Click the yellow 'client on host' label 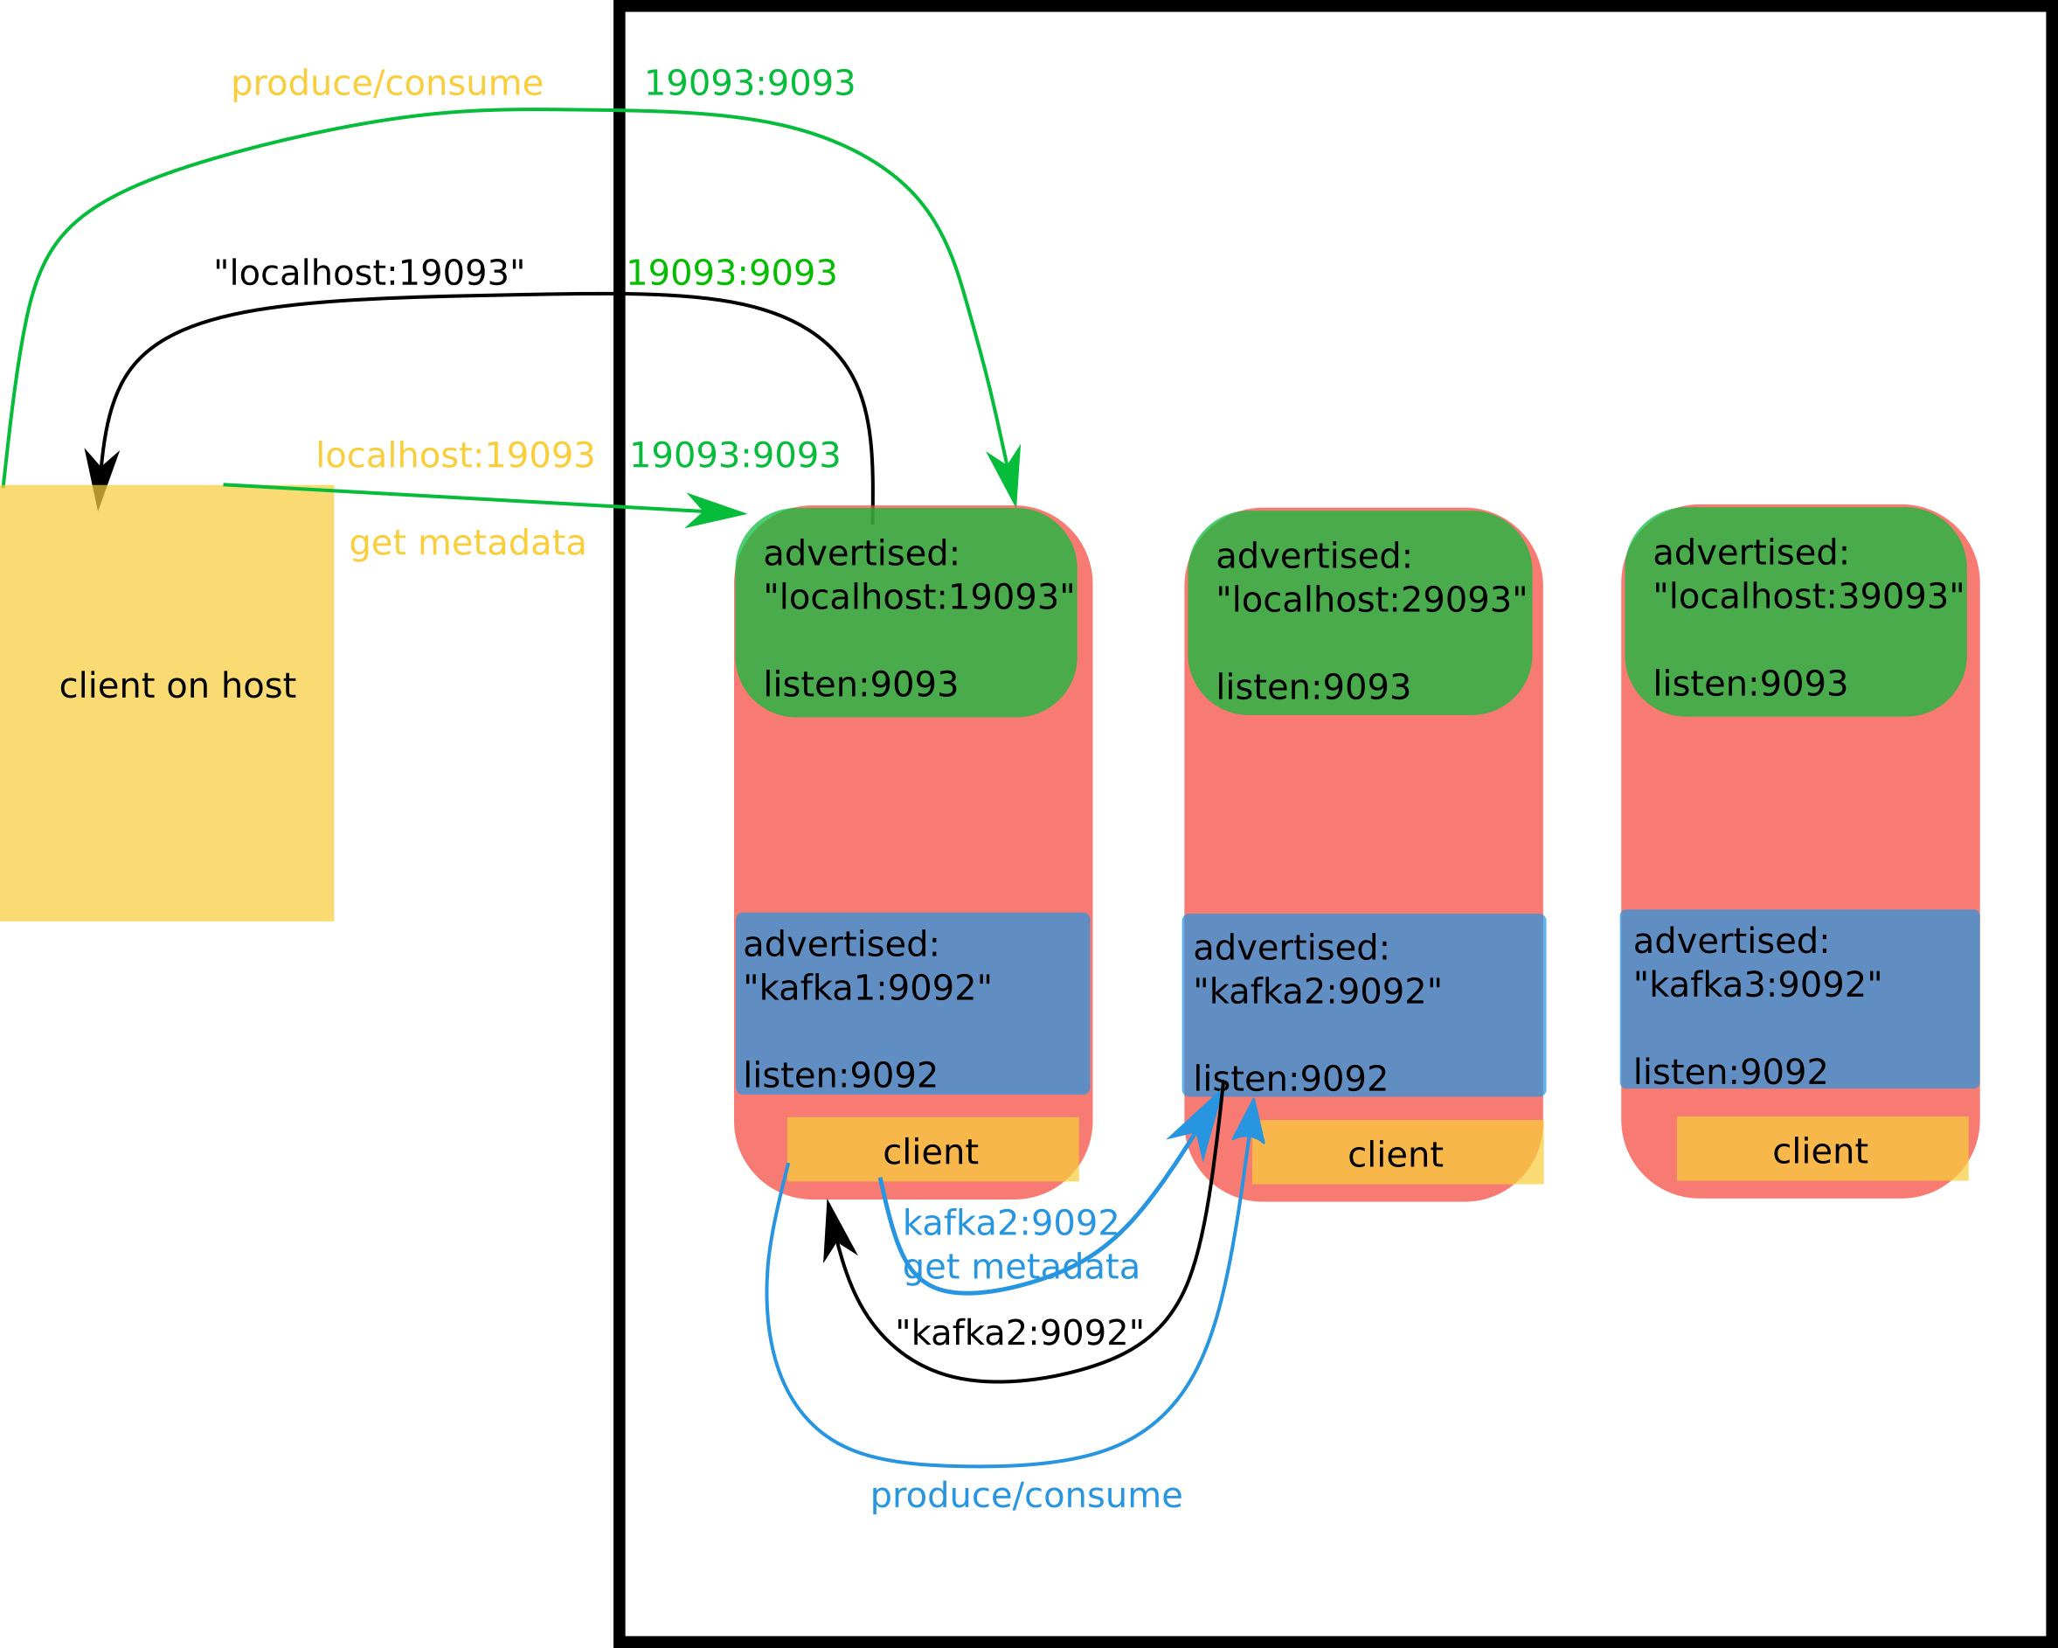point(177,685)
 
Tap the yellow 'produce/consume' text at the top point(386,83)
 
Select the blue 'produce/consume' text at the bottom point(1026,1495)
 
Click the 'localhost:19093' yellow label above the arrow point(455,455)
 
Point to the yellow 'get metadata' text point(467,543)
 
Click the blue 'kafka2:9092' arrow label point(1010,1223)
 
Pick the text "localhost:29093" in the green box point(1371,600)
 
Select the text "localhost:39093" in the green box point(1808,595)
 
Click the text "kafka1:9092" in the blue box point(867,988)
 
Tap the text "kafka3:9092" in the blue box point(1757,984)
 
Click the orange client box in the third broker point(1821,1151)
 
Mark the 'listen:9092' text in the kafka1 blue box point(840,1075)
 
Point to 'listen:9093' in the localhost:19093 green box point(860,685)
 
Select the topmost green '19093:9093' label point(749,83)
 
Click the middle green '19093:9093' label point(731,273)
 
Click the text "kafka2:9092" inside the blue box point(1317,991)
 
